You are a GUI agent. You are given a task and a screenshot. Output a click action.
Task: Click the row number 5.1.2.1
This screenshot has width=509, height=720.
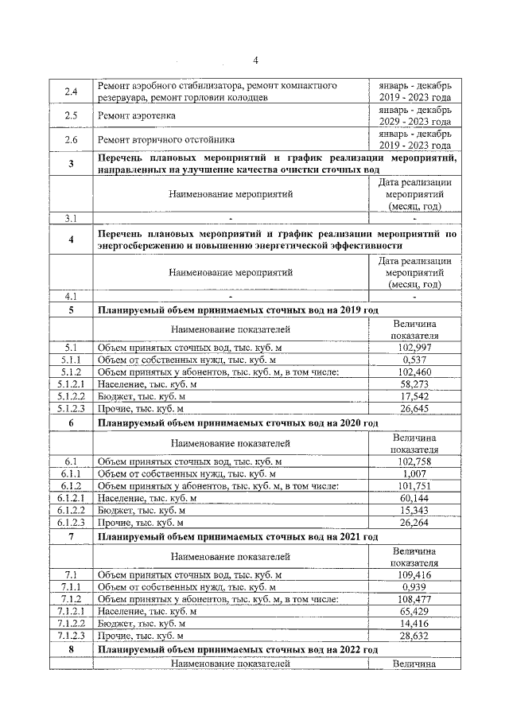pos(70,384)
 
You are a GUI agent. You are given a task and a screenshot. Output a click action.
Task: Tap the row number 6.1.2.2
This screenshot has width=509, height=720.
pos(70,510)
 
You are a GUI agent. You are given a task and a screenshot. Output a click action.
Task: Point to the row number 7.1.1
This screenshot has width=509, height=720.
pos(70,587)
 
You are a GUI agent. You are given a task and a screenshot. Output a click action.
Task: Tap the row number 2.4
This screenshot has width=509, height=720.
pos(70,91)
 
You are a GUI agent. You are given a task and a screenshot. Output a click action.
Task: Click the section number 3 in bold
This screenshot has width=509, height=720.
pos(70,164)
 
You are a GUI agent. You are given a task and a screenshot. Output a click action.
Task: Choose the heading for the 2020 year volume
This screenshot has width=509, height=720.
pos(237,423)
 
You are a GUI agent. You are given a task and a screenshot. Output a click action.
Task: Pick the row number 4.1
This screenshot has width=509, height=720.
pos(70,297)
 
